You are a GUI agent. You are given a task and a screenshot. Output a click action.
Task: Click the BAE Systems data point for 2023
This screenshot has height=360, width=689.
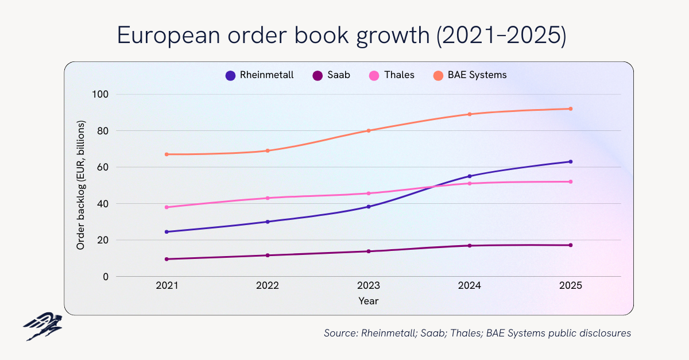tap(369, 130)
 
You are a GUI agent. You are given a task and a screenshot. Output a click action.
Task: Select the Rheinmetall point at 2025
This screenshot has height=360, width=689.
tap(570, 161)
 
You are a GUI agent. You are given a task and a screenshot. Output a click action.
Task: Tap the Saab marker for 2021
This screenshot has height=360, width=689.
tap(167, 259)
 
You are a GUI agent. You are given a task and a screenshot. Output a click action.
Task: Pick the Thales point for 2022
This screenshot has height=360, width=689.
tap(268, 198)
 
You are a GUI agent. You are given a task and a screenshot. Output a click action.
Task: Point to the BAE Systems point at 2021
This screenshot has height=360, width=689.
tap(167, 154)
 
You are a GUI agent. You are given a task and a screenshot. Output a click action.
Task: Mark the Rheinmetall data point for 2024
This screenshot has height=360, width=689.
tap(470, 176)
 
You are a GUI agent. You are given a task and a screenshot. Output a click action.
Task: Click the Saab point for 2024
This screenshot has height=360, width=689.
tap(470, 246)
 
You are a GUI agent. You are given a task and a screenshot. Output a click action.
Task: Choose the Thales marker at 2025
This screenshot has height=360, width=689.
tap(570, 181)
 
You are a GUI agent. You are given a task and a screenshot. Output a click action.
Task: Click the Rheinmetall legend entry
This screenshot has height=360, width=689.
tap(260, 75)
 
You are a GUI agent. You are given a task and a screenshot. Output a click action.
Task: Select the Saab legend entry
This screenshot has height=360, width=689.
tap(331, 75)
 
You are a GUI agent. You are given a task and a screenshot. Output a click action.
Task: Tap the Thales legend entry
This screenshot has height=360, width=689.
tap(392, 75)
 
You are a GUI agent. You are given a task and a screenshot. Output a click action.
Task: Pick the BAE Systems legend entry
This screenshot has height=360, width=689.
tap(471, 75)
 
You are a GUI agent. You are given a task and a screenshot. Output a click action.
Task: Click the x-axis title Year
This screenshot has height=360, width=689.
tap(369, 301)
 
